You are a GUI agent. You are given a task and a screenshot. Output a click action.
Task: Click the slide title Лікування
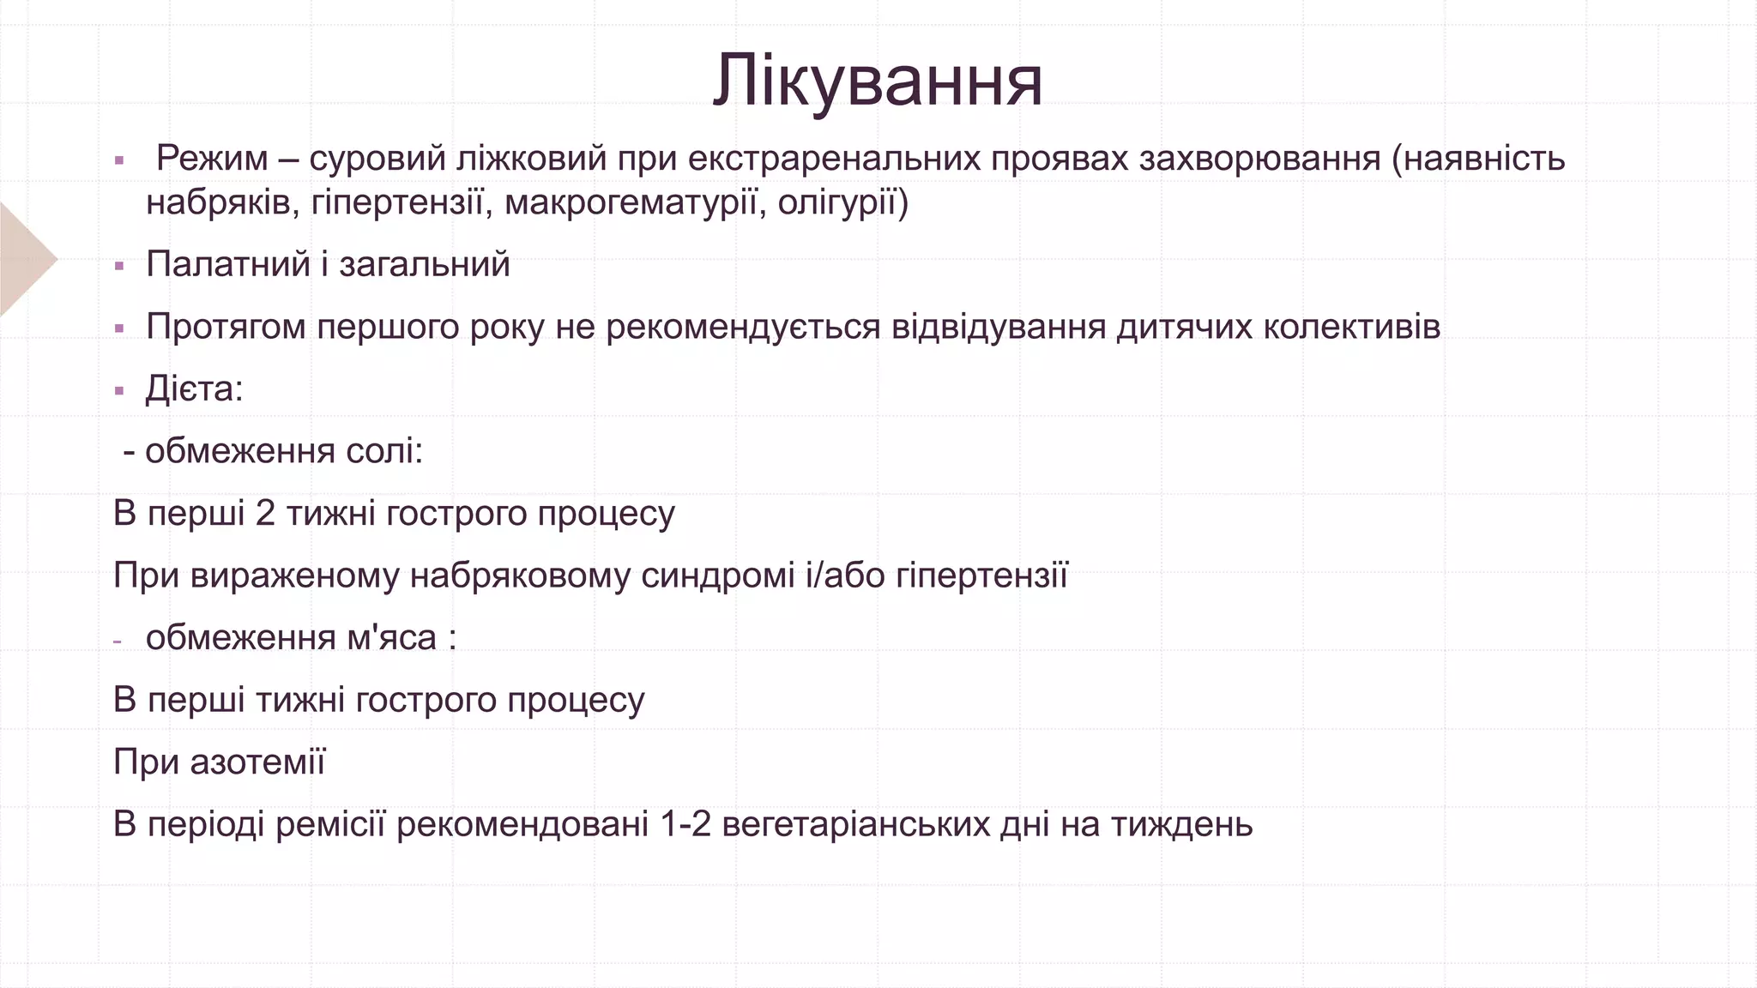tap(878, 82)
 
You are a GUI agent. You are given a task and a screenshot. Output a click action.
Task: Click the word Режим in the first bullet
tap(212, 159)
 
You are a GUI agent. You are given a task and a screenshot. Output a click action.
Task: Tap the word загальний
tap(425, 264)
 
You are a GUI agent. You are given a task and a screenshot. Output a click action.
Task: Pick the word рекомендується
tap(743, 327)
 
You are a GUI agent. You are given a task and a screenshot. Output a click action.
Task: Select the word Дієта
tap(190, 389)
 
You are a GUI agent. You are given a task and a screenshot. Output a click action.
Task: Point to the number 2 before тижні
tap(265, 514)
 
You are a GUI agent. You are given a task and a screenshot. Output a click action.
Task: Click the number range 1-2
tap(686, 825)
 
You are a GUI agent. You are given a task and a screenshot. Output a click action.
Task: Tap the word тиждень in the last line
tap(1181, 825)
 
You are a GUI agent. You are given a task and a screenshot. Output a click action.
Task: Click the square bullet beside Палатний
tap(119, 266)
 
